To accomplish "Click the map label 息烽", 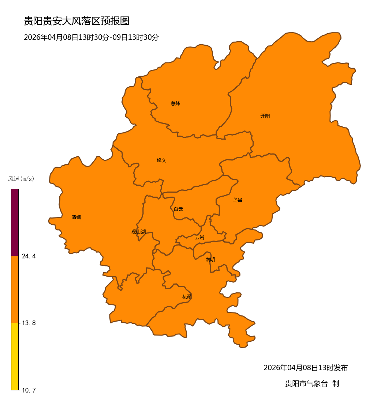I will pyautogui.click(x=175, y=103).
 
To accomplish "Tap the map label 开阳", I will pyautogui.click(x=265, y=116).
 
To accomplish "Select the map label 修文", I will pyautogui.click(x=161, y=160).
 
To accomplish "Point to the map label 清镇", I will pyautogui.click(x=76, y=217).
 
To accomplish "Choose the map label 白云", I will pyautogui.click(x=178, y=209).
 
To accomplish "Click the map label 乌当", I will pyautogui.click(x=238, y=200).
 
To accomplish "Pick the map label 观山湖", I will pyautogui.click(x=138, y=232).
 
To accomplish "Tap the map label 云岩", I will pyautogui.click(x=199, y=238).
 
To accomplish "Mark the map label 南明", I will pyautogui.click(x=210, y=259).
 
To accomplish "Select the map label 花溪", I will pyautogui.click(x=187, y=297).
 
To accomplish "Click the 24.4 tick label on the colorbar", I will pyautogui.click(x=29, y=256).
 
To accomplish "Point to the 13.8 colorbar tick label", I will pyautogui.click(x=29, y=323).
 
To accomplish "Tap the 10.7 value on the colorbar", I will pyautogui.click(x=29, y=390).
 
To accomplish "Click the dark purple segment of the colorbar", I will pyautogui.click(x=15, y=222).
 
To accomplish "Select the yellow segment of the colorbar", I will pyautogui.click(x=15, y=356).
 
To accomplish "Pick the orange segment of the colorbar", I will pyautogui.click(x=15, y=289).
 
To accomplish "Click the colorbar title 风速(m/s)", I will pyautogui.click(x=21, y=179).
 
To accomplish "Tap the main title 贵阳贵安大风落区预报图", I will pyautogui.click(x=76, y=21).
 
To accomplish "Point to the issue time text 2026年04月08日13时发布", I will pyautogui.click(x=306, y=368).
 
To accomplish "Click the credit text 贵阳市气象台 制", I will pyautogui.click(x=312, y=383).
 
